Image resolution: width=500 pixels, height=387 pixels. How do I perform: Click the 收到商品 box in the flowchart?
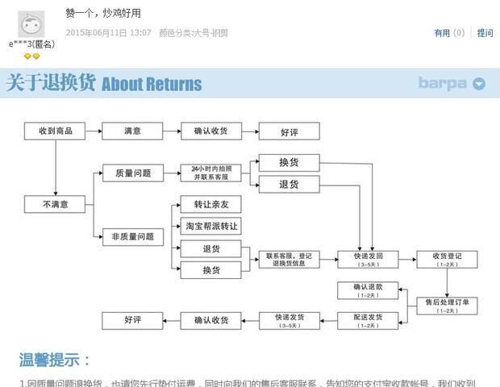pos(55,131)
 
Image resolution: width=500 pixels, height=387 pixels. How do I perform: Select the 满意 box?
pos(132,131)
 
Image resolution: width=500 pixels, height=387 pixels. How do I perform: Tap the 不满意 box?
pos(55,205)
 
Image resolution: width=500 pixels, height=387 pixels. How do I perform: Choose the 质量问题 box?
pos(133,173)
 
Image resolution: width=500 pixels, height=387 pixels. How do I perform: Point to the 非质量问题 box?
pos(133,237)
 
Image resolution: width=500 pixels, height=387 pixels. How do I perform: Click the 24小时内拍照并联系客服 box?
pos(210,173)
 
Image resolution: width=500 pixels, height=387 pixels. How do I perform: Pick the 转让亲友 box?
pos(210,205)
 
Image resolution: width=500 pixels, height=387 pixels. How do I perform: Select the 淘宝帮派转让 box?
pos(210,227)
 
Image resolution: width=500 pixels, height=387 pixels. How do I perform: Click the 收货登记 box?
pos(447,259)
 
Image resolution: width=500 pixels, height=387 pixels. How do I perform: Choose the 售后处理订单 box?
pos(447,306)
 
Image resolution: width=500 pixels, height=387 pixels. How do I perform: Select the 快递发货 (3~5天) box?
pos(289,320)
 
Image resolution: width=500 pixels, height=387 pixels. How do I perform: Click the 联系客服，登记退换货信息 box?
pos(289,259)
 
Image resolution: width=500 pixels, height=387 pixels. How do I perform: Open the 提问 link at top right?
pos(485,33)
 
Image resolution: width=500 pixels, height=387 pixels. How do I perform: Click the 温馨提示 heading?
pos(55,360)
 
